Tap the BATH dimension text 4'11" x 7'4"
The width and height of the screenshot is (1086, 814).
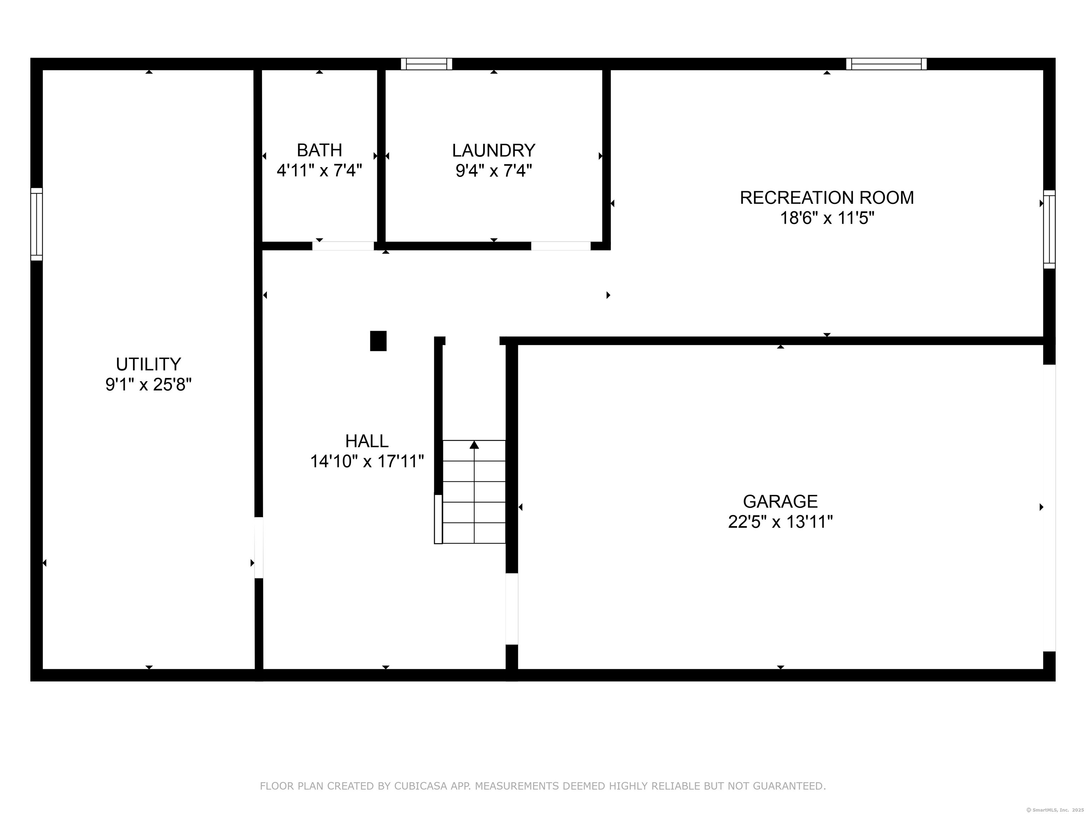coord(320,171)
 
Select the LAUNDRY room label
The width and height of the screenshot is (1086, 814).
coord(494,150)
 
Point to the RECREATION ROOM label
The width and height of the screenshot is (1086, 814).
coord(827,198)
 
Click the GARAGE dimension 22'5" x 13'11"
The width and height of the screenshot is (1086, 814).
coord(780,521)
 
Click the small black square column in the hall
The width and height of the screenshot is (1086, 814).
coord(378,341)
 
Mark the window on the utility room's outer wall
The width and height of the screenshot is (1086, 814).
coord(36,224)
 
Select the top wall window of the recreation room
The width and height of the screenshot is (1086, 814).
coord(886,64)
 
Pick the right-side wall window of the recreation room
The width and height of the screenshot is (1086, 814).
coord(1049,229)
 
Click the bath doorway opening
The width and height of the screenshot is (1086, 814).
coord(343,246)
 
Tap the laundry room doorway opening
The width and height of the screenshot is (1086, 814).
coord(561,246)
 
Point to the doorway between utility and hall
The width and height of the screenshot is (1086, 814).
coord(259,548)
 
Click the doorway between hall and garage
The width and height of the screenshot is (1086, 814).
coord(512,609)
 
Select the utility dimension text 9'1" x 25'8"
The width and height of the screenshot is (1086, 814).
coord(148,385)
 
